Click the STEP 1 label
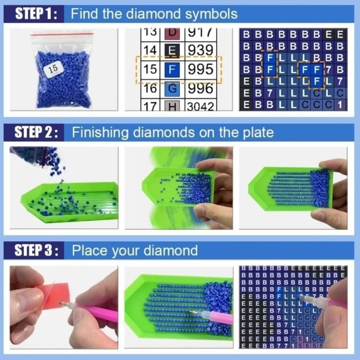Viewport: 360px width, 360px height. click(x=36, y=14)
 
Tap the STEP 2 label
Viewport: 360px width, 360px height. click(x=36, y=133)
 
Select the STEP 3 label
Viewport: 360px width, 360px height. click(x=36, y=251)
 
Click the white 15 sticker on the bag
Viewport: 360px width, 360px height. click(x=53, y=69)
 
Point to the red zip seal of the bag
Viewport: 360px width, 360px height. click(x=62, y=35)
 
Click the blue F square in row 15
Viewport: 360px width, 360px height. click(x=171, y=70)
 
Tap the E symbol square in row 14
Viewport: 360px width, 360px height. click(x=171, y=50)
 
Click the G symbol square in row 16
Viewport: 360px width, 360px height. click(x=171, y=88)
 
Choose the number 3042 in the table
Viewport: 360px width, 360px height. click(x=201, y=106)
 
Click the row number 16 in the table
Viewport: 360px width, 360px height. click(x=149, y=88)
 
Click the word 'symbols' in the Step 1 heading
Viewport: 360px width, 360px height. click(x=211, y=14)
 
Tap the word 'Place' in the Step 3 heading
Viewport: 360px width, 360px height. click(x=89, y=251)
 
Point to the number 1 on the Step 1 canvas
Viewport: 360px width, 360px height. click(x=340, y=105)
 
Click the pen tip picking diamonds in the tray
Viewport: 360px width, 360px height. click(x=196, y=313)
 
